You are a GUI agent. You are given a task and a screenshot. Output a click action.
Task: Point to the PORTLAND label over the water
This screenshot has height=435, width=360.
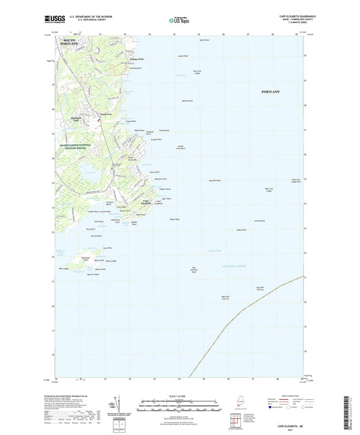coord(270,91)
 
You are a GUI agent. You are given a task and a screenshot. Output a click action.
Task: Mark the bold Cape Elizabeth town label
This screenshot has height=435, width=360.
coord(146,203)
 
